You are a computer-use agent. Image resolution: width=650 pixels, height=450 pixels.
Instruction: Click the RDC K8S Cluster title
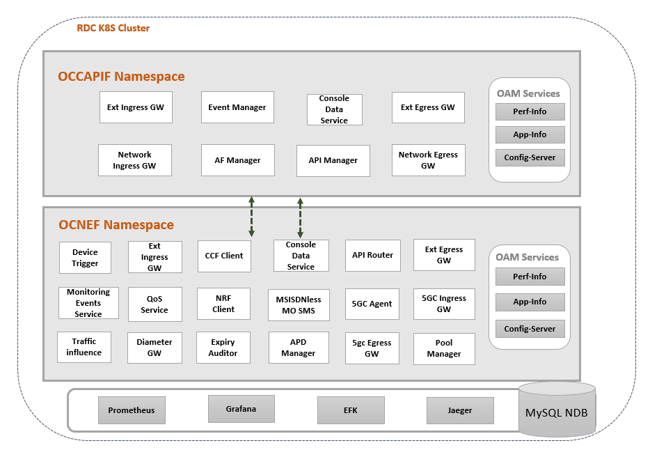tap(113, 28)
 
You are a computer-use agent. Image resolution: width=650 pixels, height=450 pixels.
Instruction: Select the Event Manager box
tap(237, 107)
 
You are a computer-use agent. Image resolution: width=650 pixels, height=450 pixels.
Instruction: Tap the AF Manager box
tap(237, 160)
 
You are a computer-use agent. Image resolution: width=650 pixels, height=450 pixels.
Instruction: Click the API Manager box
tap(333, 160)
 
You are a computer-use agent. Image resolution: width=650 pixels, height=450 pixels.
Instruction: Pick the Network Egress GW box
tap(428, 160)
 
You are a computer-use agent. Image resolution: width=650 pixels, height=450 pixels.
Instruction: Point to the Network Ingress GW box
tap(134, 160)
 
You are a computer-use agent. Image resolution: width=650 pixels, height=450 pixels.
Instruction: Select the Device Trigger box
tap(85, 258)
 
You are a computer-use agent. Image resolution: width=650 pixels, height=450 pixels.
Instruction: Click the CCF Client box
tap(224, 256)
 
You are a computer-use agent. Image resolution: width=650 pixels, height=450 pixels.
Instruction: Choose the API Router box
tap(372, 256)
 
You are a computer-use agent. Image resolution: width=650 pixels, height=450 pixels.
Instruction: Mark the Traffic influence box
tap(84, 347)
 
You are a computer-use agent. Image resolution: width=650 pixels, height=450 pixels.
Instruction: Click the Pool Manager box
tap(444, 348)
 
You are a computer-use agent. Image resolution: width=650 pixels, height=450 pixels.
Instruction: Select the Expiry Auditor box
tap(223, 348)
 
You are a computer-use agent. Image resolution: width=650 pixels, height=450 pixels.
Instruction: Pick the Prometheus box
tap(132, 410)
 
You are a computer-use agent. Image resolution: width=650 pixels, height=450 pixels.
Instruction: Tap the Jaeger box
tap(460, 410)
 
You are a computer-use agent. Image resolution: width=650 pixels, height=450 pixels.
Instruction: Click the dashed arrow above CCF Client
tap(252, 217)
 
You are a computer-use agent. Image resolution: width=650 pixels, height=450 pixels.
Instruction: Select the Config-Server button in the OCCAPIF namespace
tap(530, 157)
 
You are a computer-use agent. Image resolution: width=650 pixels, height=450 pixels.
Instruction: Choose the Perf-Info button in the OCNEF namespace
tap(530, 277)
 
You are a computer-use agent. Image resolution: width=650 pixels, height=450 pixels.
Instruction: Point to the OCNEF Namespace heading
tap(116, 225)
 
